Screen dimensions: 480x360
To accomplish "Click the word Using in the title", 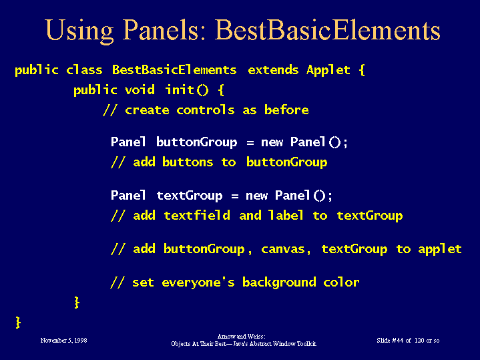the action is tap(79, 31).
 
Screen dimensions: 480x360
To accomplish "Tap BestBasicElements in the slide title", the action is tap(327, 29).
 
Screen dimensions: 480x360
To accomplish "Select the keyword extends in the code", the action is tap(273, 70).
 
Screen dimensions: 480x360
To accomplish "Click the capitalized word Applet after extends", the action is tap(328, 71).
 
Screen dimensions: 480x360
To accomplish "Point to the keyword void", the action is tap(140, 90).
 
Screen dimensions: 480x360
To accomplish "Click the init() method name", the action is tap(187, 90).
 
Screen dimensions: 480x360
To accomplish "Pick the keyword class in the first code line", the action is tap(84, 70).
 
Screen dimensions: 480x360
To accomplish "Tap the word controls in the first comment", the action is tap(206, 110).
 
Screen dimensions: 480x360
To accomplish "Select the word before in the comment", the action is tap(286, 110).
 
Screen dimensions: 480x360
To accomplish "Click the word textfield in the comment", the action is tap(197, 215).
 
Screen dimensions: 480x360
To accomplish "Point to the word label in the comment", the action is tap(286, 215).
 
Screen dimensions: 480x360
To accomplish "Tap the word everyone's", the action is tap(198, 283).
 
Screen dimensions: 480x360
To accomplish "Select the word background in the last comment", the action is tap(279, 283).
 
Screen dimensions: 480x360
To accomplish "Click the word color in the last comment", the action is tap(341, 282).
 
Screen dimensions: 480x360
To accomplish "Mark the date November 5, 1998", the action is tap(63, 341).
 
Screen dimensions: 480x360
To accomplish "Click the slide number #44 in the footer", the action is tap(398, 341).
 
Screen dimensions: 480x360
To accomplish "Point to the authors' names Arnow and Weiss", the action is tap(241, 337).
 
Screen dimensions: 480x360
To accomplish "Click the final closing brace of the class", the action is tap(18, 323).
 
